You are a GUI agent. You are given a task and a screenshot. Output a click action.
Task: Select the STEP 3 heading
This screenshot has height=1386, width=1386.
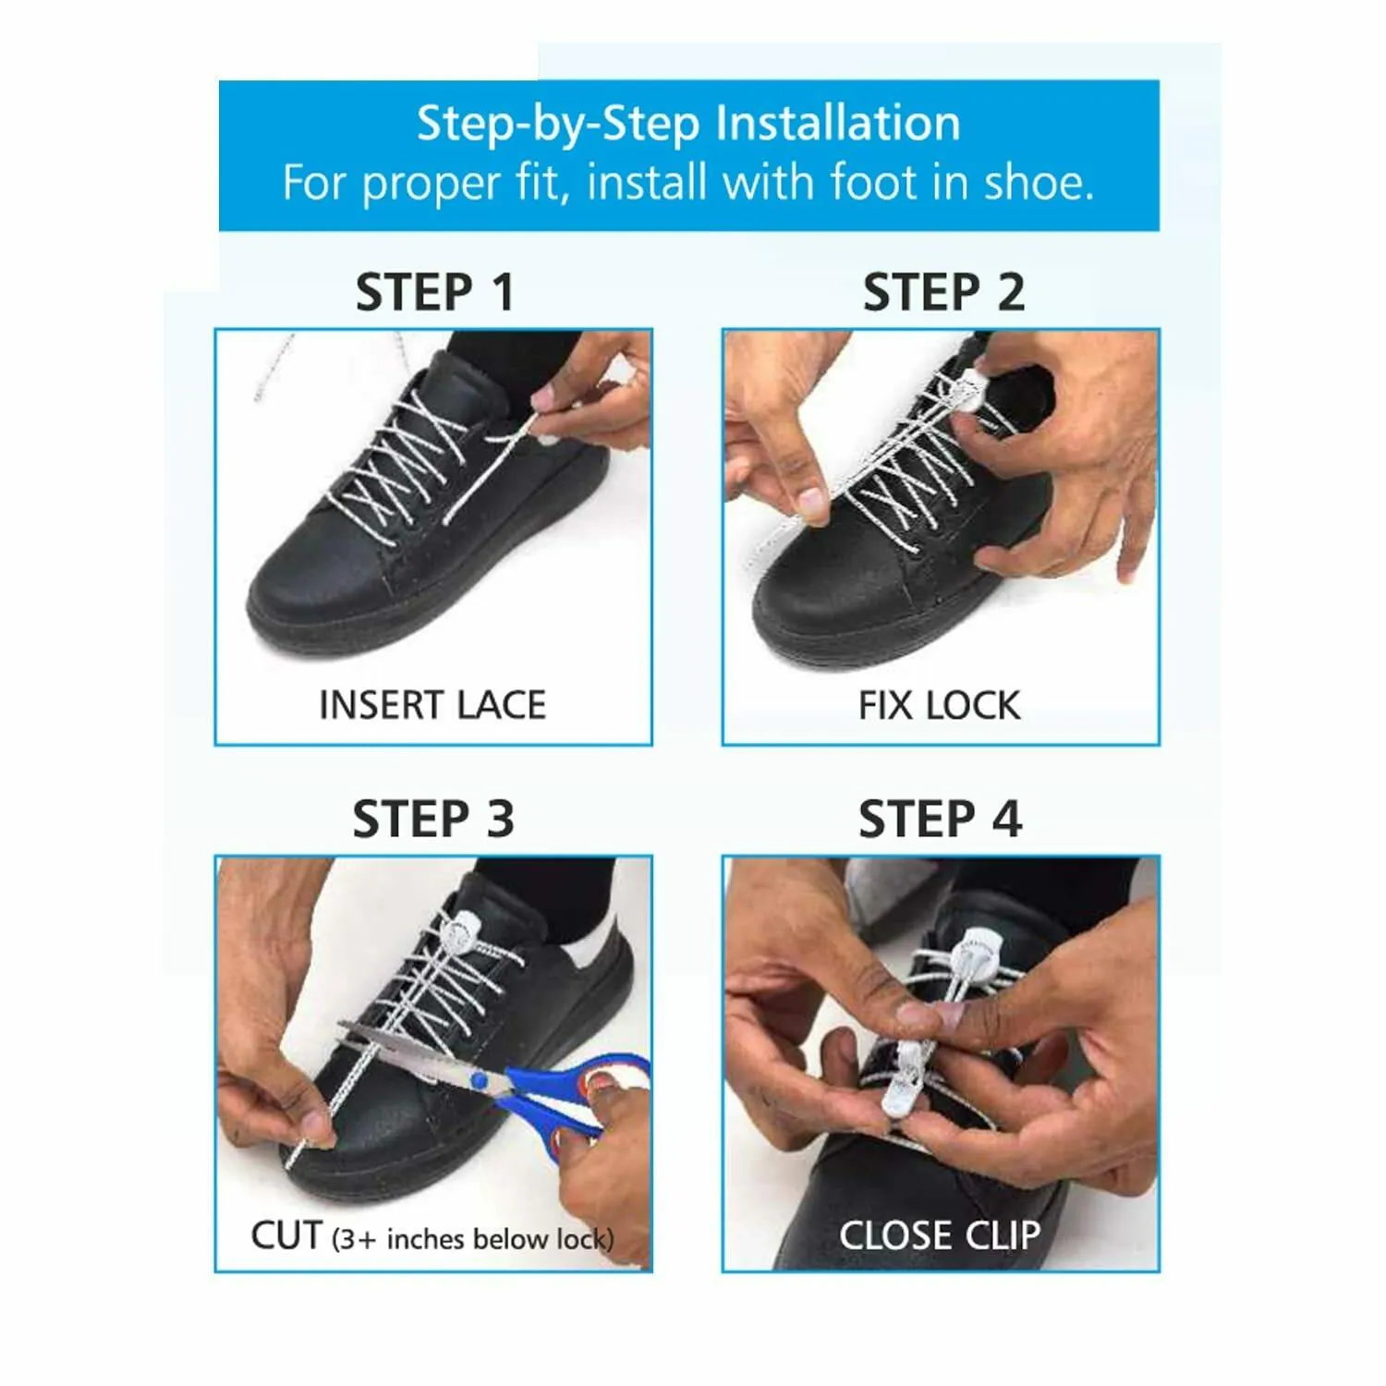point(433,819)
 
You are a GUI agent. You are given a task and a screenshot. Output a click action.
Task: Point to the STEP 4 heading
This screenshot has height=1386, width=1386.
point(940,819)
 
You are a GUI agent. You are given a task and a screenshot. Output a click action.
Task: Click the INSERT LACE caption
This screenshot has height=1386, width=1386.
point(432,705)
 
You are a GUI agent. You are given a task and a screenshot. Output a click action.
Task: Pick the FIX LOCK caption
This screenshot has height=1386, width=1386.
point(939,706)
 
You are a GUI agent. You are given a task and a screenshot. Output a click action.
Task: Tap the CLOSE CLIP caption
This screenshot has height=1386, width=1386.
point(940,1235)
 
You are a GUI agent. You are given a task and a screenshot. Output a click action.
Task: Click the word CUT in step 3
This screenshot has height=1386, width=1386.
point(286,1235)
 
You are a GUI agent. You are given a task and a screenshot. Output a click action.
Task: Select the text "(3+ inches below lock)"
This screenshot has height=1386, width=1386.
point(472,1239)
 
